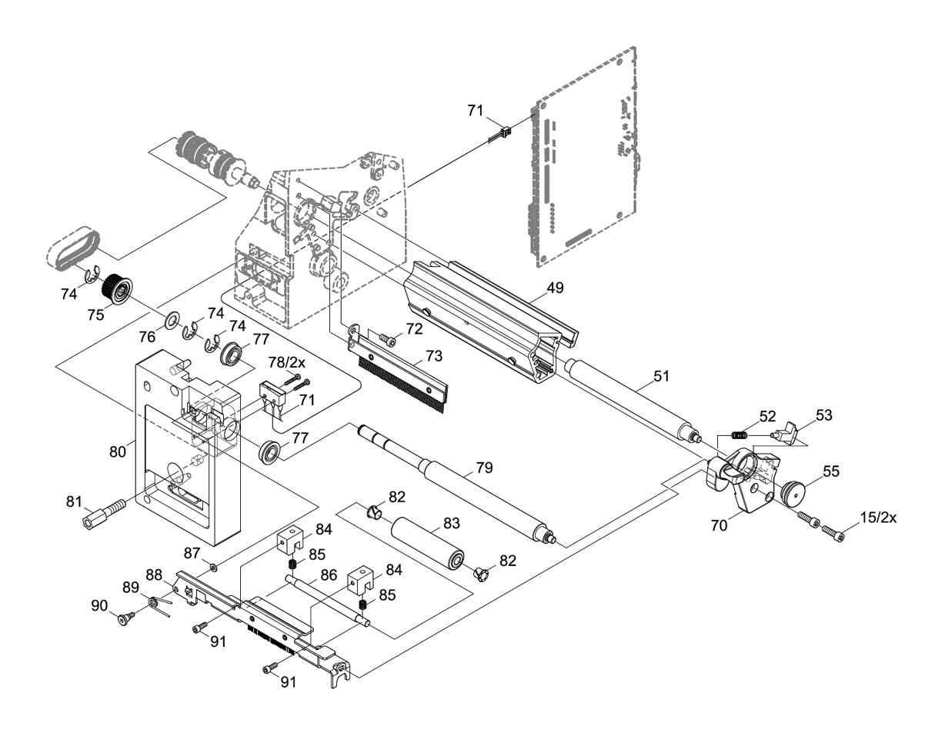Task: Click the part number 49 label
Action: (555, 288)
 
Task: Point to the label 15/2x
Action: (878, 518)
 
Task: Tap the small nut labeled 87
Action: (214, 568)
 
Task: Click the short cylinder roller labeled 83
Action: (426, 543)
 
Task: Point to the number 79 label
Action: (484, 468)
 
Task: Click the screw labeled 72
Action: (387, 339)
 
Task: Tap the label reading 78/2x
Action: (287, 362)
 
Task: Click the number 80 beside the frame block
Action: (117, 451)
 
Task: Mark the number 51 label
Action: (662, 377)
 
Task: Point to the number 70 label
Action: (719, 526)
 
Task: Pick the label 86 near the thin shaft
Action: (329, 574)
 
